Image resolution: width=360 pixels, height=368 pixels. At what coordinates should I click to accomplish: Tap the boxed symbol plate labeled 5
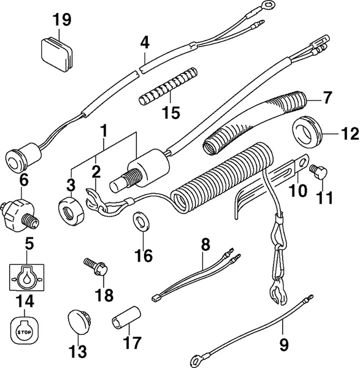pyautogui.click(x=25, y=277)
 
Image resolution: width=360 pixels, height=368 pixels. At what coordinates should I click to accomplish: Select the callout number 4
pyautogui.click(x=145, y=43)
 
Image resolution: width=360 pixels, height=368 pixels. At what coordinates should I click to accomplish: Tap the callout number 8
pyautogui.click(x=205, y=245)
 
